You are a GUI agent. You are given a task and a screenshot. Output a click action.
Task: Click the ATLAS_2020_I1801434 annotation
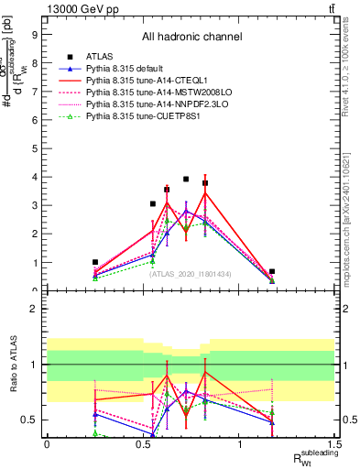pos(191,275)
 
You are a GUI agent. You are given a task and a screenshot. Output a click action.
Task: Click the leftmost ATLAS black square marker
pos(94,262)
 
